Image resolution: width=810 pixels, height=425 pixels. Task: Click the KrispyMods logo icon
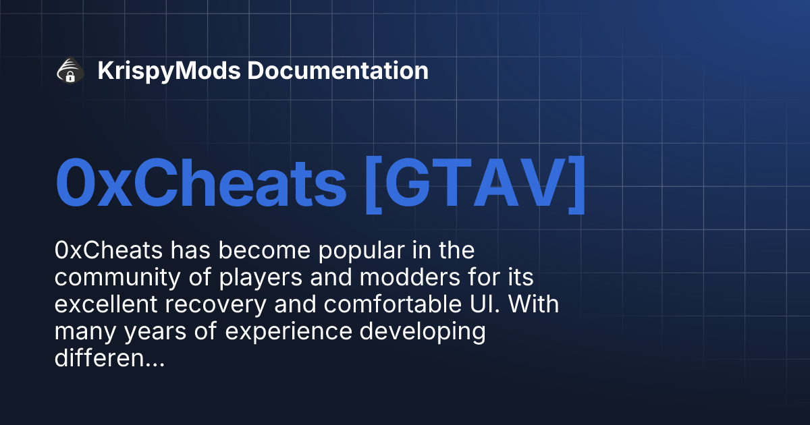pyautogui.click(x=70, y=71)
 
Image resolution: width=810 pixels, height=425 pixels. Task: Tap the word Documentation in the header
pyautogui.click(x=337, y=71)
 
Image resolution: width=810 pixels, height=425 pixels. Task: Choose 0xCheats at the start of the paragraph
pyautogui.click(x=109, y=250)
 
